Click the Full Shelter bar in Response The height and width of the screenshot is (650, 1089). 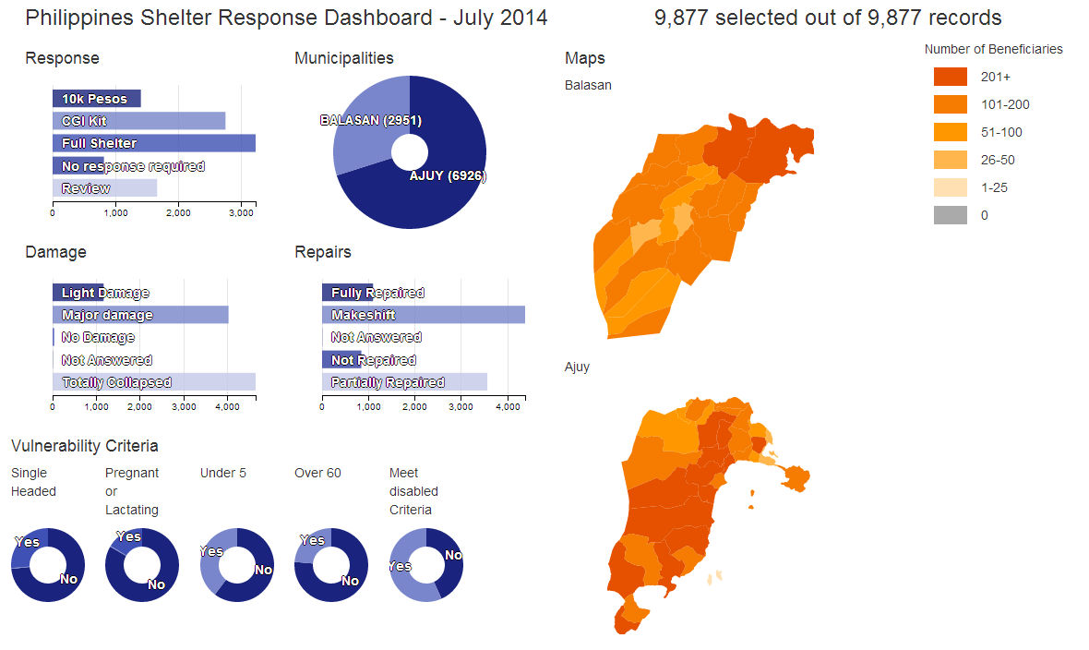click(153, 143)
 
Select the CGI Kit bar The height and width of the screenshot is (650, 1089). click(138, 121)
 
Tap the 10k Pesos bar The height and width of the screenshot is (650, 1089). click(96, 99)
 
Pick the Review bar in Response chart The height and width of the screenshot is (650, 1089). click(104, 188)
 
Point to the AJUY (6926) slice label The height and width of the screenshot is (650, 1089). click(448, 176)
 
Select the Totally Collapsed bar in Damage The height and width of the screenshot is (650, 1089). click(153, 382)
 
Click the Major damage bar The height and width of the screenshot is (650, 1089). click(139, 315)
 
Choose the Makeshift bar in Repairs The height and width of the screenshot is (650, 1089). click(423, 315)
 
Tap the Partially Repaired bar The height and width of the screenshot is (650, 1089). click(404, 382)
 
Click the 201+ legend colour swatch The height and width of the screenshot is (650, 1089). click(950, 77)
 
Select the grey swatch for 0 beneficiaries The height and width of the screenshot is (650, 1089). click(950, 215)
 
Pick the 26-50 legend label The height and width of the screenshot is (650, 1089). click(998, 160)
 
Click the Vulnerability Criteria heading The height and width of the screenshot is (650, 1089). click(85, 446)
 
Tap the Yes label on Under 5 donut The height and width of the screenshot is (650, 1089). click(211, 551)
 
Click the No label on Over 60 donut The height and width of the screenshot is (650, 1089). click(350, 581)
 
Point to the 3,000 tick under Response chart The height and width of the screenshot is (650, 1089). click(241, 213)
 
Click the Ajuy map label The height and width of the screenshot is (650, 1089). click(577, 367)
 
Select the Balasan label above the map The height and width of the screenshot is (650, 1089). click(588, 85)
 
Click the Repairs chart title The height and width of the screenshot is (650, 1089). click(323, 252)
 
